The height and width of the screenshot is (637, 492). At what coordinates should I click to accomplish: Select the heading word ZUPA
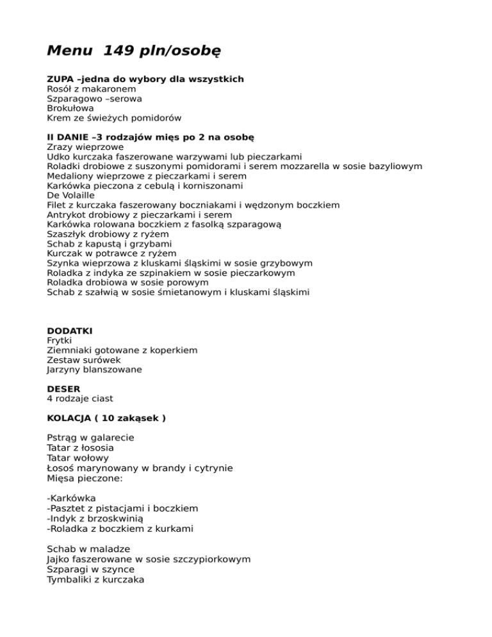[60, 79]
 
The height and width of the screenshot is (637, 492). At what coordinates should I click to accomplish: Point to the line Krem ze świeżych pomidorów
[114, 118]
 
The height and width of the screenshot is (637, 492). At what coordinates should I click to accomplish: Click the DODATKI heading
[70, 331]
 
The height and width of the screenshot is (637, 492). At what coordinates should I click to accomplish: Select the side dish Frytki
[60, 340]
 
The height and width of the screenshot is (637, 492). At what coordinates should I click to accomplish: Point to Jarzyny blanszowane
[94, 370]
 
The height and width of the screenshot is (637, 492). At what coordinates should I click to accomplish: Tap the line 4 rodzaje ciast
[79, 398]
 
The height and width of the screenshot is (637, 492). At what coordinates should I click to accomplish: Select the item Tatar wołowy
[78, 458]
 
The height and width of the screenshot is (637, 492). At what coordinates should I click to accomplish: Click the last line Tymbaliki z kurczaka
[95, 579]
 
